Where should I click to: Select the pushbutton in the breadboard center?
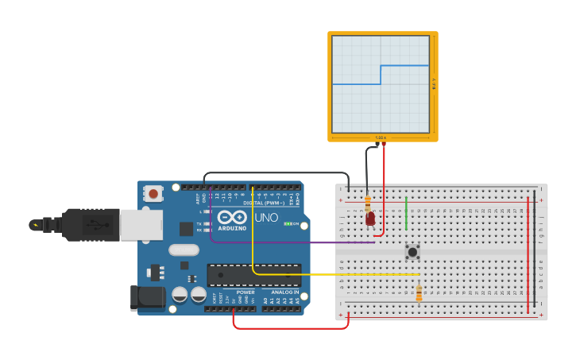pos(412,252)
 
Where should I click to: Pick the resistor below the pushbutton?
pos(419,293)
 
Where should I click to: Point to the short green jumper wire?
pos(406,213)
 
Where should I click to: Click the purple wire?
pos(302,242)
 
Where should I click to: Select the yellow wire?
pos(334,274)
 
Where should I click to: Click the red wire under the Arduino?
pos(291,327)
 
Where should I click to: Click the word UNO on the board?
pos(266,218)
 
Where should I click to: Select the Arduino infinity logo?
pos(232,217)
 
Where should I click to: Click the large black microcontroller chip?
pos(254,275)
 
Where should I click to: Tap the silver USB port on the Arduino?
pos(141,225)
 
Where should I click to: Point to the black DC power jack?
pos(147,297)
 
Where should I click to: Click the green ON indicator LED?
pos(288,224)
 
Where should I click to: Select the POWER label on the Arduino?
pos(245,292)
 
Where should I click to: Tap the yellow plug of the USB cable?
pos(36,225)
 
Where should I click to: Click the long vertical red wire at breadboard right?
pos(528,254)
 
